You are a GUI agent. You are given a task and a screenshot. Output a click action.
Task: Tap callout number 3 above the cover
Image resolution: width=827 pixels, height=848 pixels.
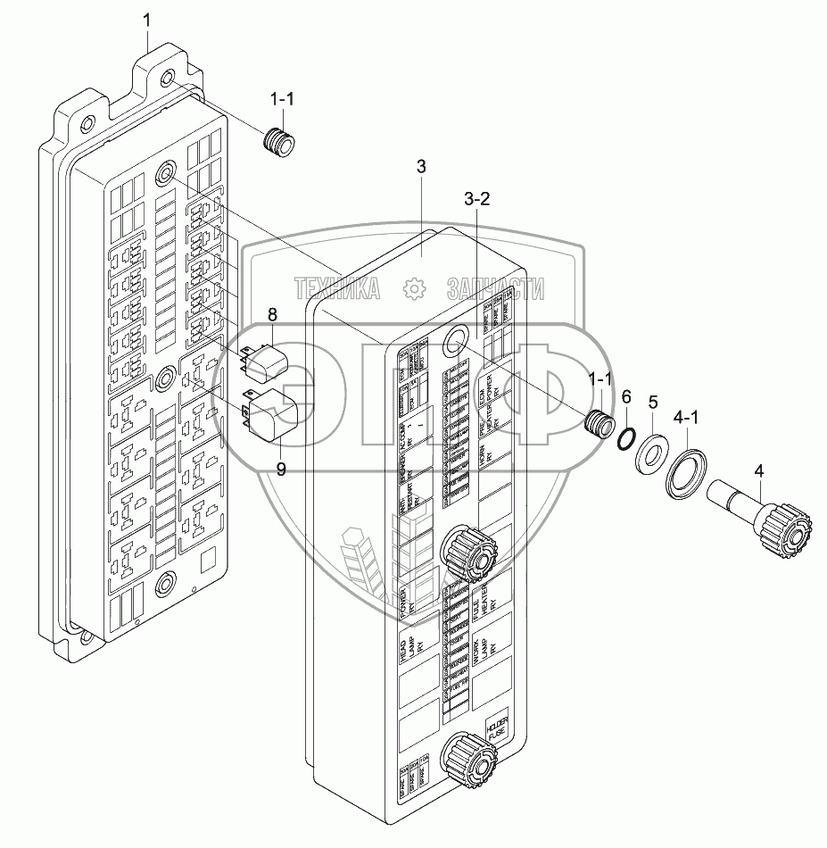(421, 167)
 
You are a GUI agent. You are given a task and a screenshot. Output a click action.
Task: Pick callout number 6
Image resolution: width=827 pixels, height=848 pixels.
(626, 395)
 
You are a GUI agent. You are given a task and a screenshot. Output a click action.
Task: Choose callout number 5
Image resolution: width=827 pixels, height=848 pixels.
(653, 403)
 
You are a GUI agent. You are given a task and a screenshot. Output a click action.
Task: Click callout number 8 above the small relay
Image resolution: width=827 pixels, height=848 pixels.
(273, 314)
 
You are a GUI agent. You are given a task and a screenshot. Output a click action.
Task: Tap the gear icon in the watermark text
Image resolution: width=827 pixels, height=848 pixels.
(413, 288)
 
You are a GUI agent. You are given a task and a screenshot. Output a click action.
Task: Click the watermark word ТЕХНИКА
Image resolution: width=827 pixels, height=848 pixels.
(336, 288)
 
